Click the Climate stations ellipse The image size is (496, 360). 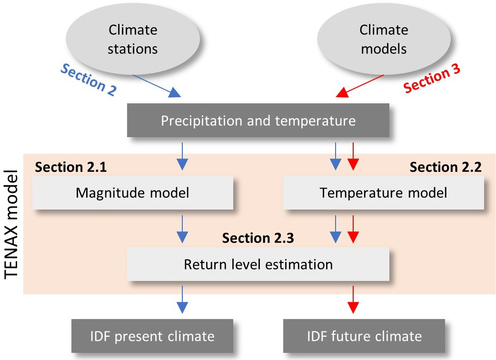click(x=133, y=39)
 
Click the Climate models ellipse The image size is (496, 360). click(x=384, y=39)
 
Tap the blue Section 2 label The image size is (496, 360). click(x=88, y=80)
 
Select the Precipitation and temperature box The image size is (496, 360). click(x=258, y=120)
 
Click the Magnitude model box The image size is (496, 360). click(x=133, y=193)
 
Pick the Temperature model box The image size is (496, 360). click(x=383, y=193)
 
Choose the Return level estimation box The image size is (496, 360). click(x=258, y=264)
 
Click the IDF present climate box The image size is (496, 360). click(x=152, y=336)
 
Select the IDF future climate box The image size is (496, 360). click(x=364, y=336)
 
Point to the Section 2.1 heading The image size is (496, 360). click(x=71, y=167)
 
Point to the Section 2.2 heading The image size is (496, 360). click(x=446, y=167)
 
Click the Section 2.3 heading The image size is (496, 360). click(x=258, y=238)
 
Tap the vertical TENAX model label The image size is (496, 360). click(x=11, y=225)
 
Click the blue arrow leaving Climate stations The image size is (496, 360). click(x=157, y=86)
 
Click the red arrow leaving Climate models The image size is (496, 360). click(x=360, y=86)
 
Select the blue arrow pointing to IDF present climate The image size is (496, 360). click(x=182, y=300)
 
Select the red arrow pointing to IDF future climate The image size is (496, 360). click(x=353, y=300)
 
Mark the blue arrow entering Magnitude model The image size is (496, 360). click(x=182, y=156)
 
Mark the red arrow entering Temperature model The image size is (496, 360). click(x=353, y=156)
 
